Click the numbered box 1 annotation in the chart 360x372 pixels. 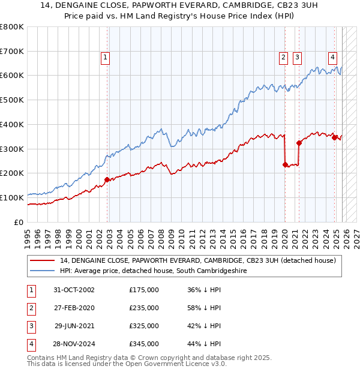click(105, 58)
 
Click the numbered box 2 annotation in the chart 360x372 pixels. click(283, 58)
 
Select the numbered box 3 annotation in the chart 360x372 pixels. click(297, 58)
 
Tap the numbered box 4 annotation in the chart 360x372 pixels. click(332, 58)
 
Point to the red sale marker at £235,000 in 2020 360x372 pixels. click(284, 164)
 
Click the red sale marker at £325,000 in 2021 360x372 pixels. click(299, 143)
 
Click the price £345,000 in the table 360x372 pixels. click(144, 344)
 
